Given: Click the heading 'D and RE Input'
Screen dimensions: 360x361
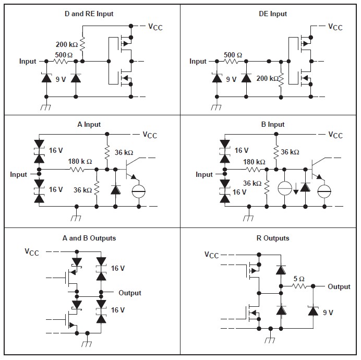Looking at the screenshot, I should tap(89, 14).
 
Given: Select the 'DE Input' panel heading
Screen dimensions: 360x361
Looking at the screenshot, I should tap(272, 14).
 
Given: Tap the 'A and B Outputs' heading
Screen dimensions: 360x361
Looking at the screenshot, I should tap(89, 238).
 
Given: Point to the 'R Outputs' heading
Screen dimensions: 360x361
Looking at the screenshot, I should tap(272, 238).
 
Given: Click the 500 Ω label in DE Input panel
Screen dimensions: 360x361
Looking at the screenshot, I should tap(233, 55).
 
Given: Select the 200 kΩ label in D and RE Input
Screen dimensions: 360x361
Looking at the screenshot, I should tap(67, 45).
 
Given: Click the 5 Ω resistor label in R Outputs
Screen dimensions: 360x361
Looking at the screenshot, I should tap(299, 278).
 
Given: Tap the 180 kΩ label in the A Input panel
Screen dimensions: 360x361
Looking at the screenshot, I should tap(80, 161).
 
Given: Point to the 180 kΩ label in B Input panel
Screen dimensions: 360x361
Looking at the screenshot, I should tap(255, 162).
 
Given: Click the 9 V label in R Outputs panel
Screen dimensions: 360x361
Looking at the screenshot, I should tap(328, 313).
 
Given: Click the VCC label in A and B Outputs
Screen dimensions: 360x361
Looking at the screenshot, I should tap(32, 252).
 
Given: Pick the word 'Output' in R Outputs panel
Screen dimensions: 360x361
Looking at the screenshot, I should tap(339, 286).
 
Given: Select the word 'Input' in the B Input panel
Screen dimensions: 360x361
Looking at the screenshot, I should tap(204, 174).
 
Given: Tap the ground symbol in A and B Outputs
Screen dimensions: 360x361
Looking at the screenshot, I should tap(87, 344).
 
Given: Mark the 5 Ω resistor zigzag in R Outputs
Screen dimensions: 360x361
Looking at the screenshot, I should tap(298, 286).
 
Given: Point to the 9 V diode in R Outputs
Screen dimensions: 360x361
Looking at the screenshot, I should tap(313, 310).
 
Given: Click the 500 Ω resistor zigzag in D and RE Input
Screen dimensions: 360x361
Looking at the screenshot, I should tap(61, 62).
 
